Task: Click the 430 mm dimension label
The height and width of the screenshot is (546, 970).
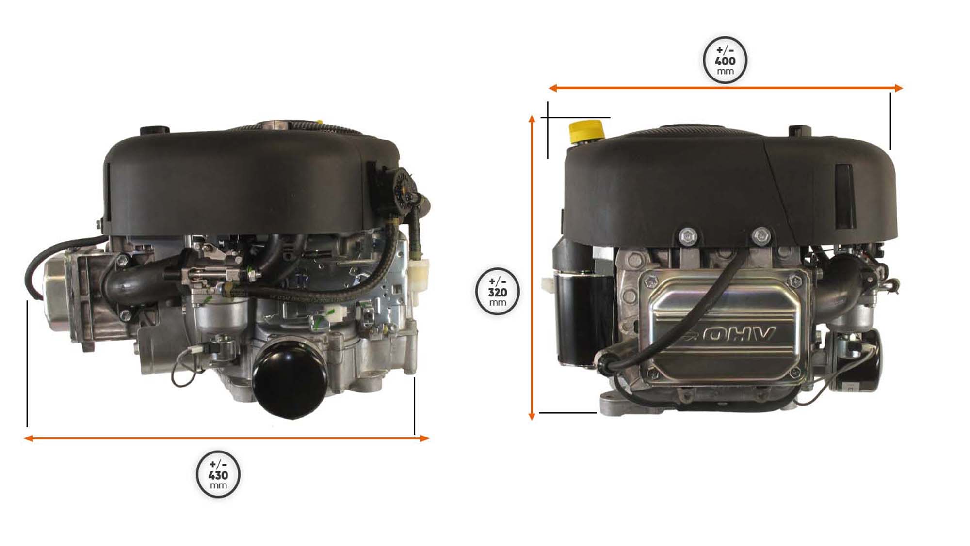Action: [218, 475]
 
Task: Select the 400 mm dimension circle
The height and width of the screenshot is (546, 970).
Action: [725, 60]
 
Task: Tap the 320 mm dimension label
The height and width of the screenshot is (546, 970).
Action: [498, 292]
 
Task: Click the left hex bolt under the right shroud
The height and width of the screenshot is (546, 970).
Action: [688, 236]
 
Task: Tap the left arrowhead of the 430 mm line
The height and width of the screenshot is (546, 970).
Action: [29, 438]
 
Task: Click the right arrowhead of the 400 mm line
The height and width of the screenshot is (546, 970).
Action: [898, 88]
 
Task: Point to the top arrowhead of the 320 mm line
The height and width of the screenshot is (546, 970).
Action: [532, 119]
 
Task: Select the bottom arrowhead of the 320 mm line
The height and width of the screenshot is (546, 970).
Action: [532, 416]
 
